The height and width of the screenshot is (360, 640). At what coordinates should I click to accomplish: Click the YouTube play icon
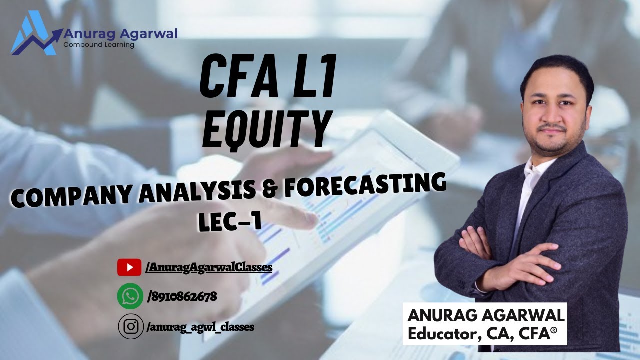point(129,267)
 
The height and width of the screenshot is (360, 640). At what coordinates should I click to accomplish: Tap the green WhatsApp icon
point(130,296)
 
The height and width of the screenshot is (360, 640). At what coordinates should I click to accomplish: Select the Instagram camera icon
point(131,327)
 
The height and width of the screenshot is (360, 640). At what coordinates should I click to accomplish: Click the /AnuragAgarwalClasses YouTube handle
point(209,267)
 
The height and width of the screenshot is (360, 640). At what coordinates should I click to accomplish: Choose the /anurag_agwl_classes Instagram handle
point(201,327)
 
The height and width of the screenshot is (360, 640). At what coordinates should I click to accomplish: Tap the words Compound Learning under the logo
point(99,45)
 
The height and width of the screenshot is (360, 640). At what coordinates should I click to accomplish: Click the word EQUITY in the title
point(268,128)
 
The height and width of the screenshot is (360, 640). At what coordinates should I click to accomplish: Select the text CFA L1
point(268,79)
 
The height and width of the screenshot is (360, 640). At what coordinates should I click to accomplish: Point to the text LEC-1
point(230,222)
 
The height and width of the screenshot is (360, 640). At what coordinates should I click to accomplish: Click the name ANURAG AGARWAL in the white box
point(486,315)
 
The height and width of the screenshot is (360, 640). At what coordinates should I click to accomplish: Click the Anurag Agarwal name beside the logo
point(120,34)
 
